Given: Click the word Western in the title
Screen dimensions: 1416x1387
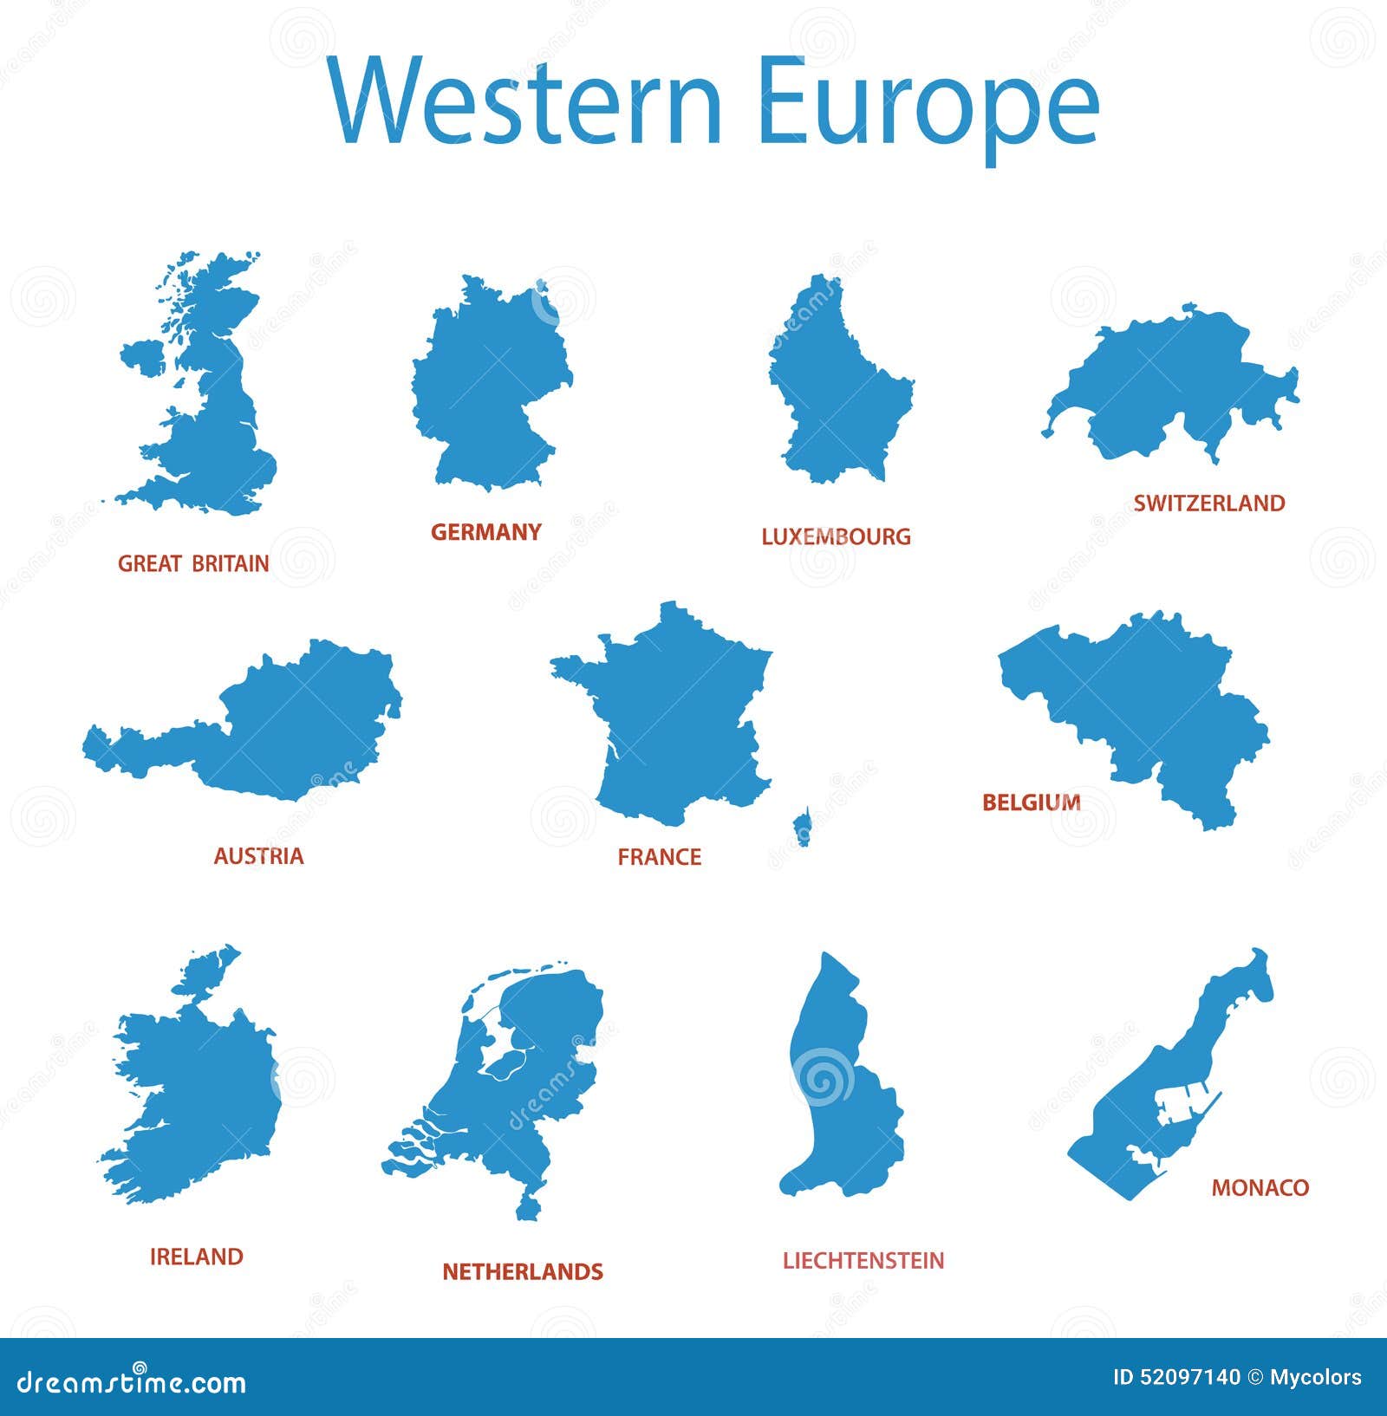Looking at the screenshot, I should pyautogui.click(x=525, y=101).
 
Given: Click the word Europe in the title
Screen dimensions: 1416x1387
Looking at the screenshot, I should pyautogui.click(x=928, y=106).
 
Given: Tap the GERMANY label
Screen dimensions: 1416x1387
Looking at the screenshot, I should pyautogui.click(x=485, y=532).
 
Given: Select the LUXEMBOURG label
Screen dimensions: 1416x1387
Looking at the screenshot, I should pyautogui.click(x=836, y=537).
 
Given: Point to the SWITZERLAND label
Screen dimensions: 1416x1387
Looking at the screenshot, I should pyautogui.click(x=1208, y=503).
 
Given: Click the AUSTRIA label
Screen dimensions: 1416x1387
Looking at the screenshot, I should pyautogui.click(x=258, y=856).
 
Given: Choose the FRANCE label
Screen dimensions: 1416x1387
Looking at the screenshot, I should pyautogui.click(x=659, y=857).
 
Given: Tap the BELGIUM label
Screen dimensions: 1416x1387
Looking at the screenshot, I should pyautogui.click(x=1031, y=802).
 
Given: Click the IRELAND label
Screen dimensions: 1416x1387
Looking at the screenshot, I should pyautogui.click(x=196, y=1257).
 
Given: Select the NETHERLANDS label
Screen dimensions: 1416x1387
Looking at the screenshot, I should pyautogui.click(x=522, y=1271).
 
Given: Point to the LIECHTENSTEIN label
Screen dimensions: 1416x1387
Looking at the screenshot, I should pyautogui.click(x=863, y=1261).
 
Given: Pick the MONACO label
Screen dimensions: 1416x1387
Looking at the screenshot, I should pyautogui.click(x=1260, y=1187).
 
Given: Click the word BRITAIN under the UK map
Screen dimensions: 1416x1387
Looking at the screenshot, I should pyautogui.click(x=230, y=564).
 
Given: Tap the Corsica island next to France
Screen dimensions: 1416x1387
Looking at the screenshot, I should pyautogui.click(x=803, y=826).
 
